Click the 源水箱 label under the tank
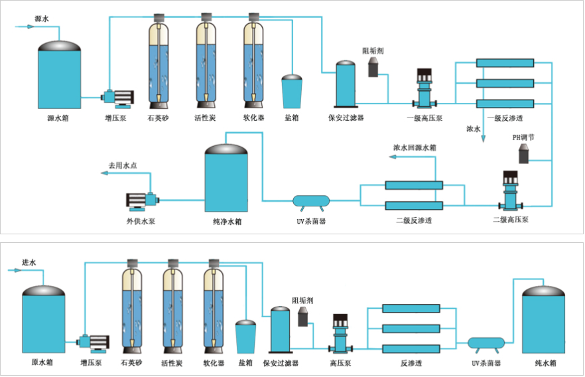[59, 119]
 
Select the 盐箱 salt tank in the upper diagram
[292, 92]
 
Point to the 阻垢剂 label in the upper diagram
[373, 50]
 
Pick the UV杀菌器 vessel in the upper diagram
[311, 199]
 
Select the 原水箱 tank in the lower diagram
[44, 321]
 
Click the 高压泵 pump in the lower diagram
[342, 333]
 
